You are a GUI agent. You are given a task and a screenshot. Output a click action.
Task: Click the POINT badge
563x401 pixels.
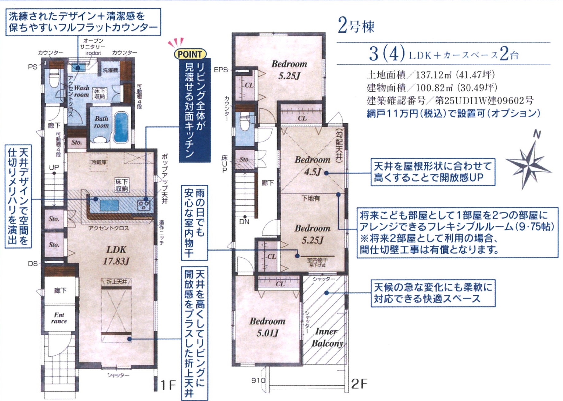[190, 55]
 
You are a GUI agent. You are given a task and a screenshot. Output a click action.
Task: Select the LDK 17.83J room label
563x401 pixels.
[116, 255]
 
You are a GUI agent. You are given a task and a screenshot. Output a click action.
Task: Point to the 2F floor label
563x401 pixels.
[359, 384]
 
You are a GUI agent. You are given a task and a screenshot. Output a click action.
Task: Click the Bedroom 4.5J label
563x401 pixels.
[312, 166]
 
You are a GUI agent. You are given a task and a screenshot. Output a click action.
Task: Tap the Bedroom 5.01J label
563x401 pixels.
[267, 327]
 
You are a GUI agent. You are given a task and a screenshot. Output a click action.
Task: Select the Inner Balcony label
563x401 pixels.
[327, 337]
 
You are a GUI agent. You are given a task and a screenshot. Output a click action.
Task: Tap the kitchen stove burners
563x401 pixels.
[144, 205]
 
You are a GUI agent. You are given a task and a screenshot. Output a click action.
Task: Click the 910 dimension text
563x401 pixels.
[258, 380]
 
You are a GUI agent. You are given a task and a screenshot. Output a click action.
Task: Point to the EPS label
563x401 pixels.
[221, 70]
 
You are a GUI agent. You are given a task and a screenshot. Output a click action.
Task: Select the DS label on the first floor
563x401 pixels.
[33, 264]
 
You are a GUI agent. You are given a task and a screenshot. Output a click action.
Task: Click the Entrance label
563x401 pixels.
[59, 318]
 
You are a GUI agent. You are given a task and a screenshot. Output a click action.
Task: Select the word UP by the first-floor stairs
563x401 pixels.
[54, 168]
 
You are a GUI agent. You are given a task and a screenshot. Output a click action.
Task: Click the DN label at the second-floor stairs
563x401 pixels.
[244, 222]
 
